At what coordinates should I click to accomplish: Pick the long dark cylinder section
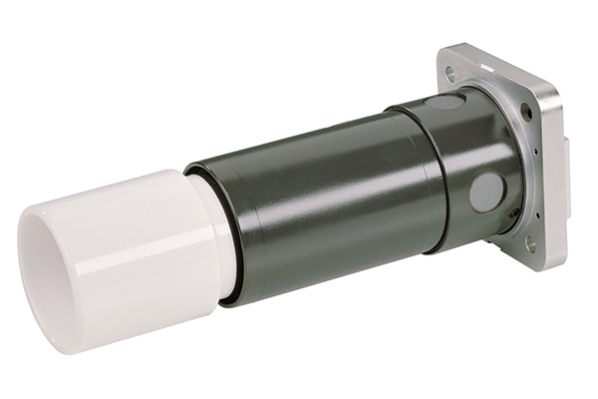(319, 209)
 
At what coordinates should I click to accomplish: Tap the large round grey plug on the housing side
(487, 192)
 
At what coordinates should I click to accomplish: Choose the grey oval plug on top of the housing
(446, 101)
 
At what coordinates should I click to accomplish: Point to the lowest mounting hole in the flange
(531, 242)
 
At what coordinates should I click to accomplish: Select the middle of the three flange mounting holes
(526, 112)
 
